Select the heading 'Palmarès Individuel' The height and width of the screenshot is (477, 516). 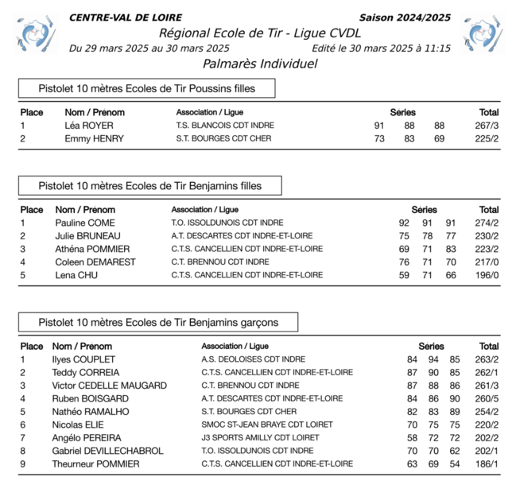[260, 64]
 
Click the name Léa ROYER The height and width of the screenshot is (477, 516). [89, 126]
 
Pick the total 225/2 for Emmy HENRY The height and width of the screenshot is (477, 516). [487, 138]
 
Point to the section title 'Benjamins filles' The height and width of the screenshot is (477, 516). [149, 186]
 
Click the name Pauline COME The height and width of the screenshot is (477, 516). [85, 223]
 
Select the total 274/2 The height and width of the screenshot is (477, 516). [487, 223]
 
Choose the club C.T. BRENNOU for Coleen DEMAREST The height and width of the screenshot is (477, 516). [220, 262]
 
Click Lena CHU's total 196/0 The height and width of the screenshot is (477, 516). [487, 275]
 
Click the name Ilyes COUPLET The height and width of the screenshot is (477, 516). [83, 359]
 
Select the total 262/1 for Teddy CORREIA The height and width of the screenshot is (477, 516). [487, 372]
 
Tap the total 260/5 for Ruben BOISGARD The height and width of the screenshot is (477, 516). [487, 398]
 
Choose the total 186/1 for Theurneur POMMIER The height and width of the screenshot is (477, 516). [487, 463]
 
